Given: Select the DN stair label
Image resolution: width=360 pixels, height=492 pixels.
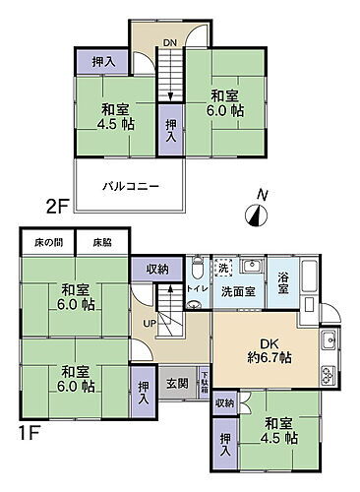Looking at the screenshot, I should click(x=169, y=41).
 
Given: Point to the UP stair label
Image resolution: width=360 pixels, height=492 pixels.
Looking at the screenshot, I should click(x=150, y=324).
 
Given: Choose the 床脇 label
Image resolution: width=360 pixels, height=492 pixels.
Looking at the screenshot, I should click(x=103, y=241).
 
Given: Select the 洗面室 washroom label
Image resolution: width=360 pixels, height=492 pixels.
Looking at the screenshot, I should click(x=237, y=291).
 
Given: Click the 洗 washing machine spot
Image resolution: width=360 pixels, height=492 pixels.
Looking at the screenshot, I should click(x=224, y=268).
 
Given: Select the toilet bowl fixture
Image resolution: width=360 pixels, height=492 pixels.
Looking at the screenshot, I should click(x=197, y=268).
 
